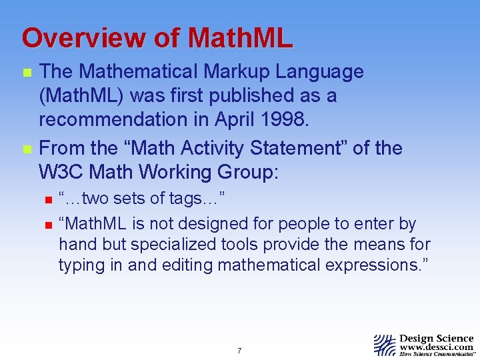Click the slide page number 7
239,351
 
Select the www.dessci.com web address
436,347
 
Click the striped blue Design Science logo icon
384,345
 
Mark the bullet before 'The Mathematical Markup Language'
27,73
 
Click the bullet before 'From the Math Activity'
27,149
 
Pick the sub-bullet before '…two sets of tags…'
46,199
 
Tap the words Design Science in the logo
436,338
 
